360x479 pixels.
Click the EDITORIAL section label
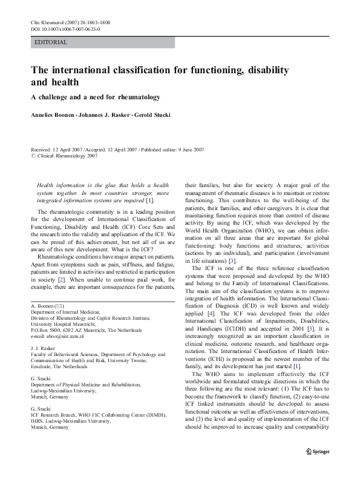pyautogui.click(x=51, y=42)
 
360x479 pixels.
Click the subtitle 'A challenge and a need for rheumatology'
pyautogui.click(x=95, y=97)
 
